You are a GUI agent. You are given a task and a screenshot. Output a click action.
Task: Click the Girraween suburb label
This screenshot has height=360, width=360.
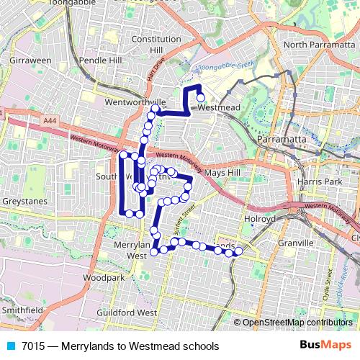pyautogui.click(x=30, y=60)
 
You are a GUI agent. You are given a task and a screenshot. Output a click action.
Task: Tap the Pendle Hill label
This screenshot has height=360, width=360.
pyautogui.click(x=102, y=60)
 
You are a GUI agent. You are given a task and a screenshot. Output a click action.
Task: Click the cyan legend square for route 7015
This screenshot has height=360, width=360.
pyautogui.click(x=9, y=346)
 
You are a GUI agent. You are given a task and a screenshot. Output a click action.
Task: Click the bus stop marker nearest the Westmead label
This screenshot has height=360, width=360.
pyautogui.click(x=201, y=99)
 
